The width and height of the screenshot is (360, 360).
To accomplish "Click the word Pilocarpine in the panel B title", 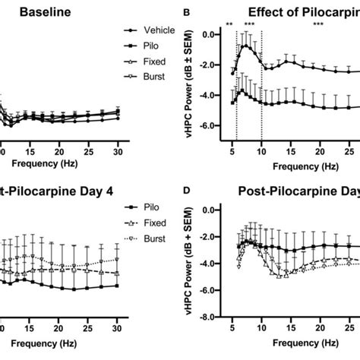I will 324,12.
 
